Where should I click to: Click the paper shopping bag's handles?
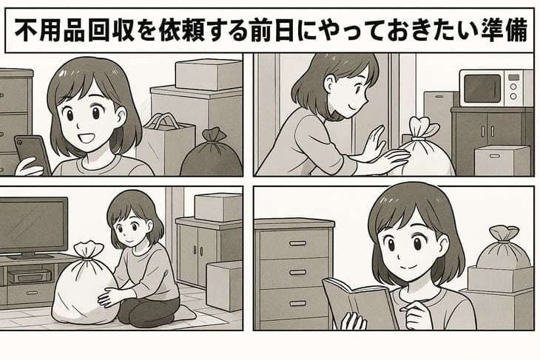pyautogui.click(x=161, y=121)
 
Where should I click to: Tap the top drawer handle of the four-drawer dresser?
pyautogui.click(x=297, y=243)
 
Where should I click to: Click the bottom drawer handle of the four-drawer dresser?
pyautogui.click(x=297, y=303)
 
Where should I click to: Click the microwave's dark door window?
pyautogui.click(x=482, y=88)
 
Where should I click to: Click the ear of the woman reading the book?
pyautogui.click(x=444, y=245)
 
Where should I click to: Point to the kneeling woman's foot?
pyautogui.click(x=186, y=313)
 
